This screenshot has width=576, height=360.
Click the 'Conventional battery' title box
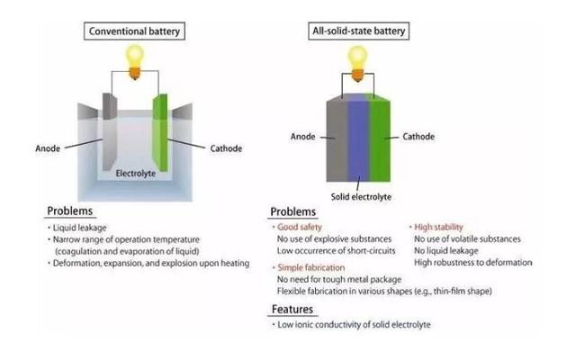pyautogui.click(x=134, y=31)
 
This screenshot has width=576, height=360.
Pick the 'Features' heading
pyautogui.click(x=292, y=310)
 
